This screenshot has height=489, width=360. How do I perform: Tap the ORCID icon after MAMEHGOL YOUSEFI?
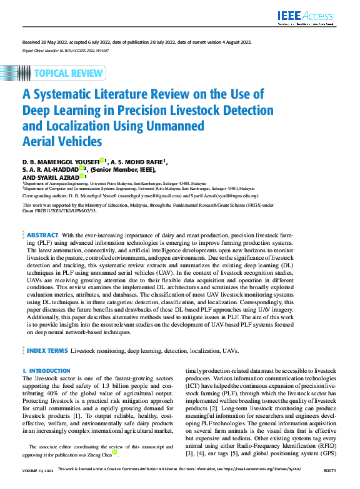point(102,160)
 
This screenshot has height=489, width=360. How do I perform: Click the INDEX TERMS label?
point(47,351)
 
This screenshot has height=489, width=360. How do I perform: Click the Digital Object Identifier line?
point(66,49)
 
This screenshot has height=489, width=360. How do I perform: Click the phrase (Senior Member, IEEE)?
point(122,168)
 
